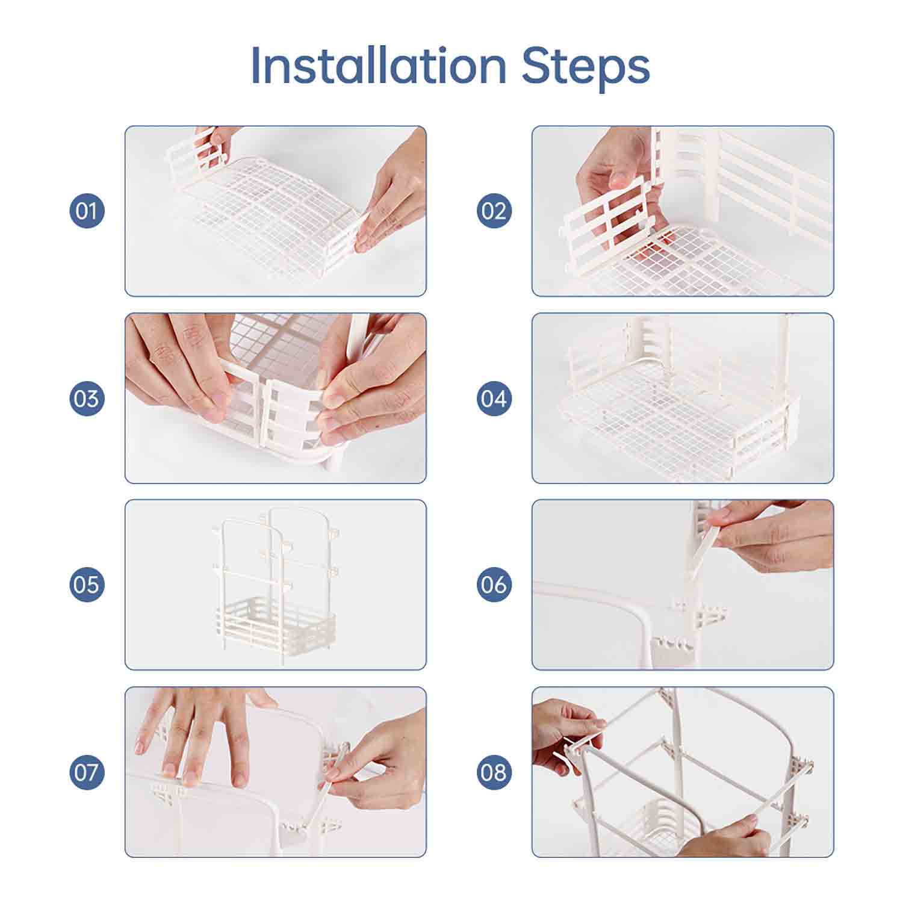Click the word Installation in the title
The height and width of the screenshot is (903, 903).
pyautogui.click(x=379, y=65)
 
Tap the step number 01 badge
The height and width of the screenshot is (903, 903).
pyautogui.click(x=87, y=211)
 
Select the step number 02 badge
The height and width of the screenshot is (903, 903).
pyautogui.click(x=494, y=211)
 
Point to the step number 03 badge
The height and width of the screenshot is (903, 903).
pyautogui.click(x=87, y=398)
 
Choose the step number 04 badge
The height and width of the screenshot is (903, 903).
pyautogui.click(x=494, y=398)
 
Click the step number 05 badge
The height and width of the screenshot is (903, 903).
pyautogui.click(x=87, y=585)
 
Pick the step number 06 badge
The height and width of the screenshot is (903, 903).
pyautogui.click(x=494, y=585)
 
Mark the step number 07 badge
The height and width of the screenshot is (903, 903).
pyautogui.click(x=87, y=772)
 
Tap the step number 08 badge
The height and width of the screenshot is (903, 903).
pyautogui.click(x=494, y=772)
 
